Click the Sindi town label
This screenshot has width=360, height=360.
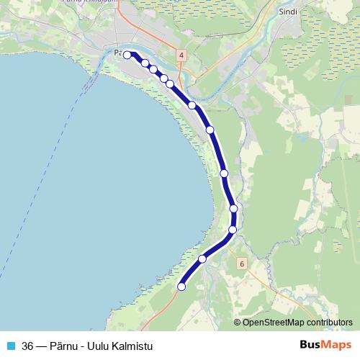[287, 12]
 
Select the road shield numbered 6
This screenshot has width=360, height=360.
[242, 264]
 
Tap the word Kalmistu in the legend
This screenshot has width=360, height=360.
[134, 345]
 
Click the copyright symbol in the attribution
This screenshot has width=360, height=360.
[238, 323]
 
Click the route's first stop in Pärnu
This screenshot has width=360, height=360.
[127, 55]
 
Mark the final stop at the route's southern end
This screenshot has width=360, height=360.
[181, 287]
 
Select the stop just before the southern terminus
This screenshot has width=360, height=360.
[202, 258]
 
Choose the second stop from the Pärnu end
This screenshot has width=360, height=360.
[145, 63]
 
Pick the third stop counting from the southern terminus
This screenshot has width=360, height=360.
[233, 230]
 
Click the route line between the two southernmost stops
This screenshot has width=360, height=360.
[191, 273]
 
